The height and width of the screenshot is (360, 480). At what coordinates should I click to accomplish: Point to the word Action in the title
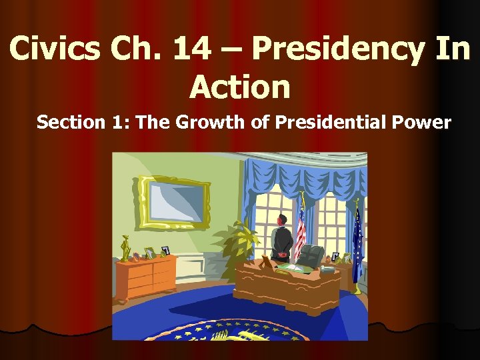(240, 87)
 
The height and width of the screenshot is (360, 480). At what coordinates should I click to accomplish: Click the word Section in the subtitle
(70, 123)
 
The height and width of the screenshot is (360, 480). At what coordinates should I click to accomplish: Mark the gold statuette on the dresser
(123, 248)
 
